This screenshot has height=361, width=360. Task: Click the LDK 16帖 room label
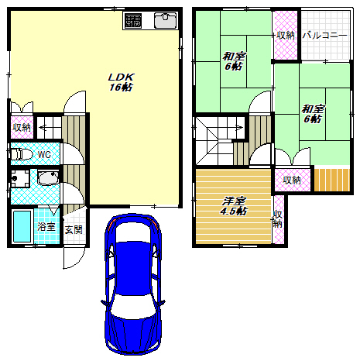(121, 82)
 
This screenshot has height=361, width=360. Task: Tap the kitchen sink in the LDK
(166, 20)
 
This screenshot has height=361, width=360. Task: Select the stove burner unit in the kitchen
(133, 21)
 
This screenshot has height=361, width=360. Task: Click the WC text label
(44, 155)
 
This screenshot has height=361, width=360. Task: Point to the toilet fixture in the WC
(22, 154)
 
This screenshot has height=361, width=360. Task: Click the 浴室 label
(46, 227)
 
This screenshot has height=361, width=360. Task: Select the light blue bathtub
(22, 227)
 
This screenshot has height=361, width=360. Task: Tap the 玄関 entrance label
(74, 229)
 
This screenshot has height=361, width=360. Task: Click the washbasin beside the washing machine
(48, 177)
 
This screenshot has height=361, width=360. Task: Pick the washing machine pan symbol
(20, 178)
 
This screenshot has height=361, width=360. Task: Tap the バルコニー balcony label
(324, 35)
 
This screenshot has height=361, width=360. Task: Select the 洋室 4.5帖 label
(234, 206)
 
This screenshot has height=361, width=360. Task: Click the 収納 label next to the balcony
(286, 36)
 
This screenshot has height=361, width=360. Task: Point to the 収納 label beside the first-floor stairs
(22, 127)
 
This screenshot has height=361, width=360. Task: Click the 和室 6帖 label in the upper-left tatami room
(234, 61)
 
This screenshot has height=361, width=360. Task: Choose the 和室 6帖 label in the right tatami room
(313, 114)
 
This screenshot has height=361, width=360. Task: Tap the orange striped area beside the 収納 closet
(332, 180)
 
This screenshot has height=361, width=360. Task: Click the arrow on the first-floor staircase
(43, 127)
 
